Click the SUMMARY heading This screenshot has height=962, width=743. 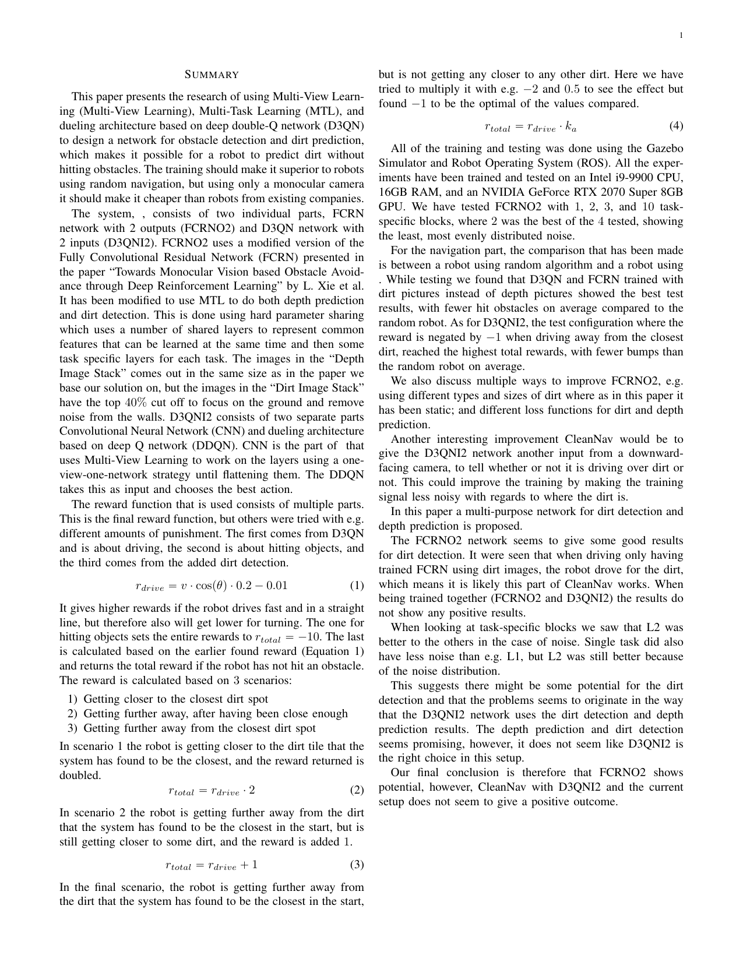[212, 75]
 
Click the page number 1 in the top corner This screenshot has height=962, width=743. [681, 36]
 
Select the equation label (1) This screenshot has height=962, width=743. [357, 586]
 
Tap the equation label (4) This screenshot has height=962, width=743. [676, 126]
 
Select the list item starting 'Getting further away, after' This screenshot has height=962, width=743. [216, 714]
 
